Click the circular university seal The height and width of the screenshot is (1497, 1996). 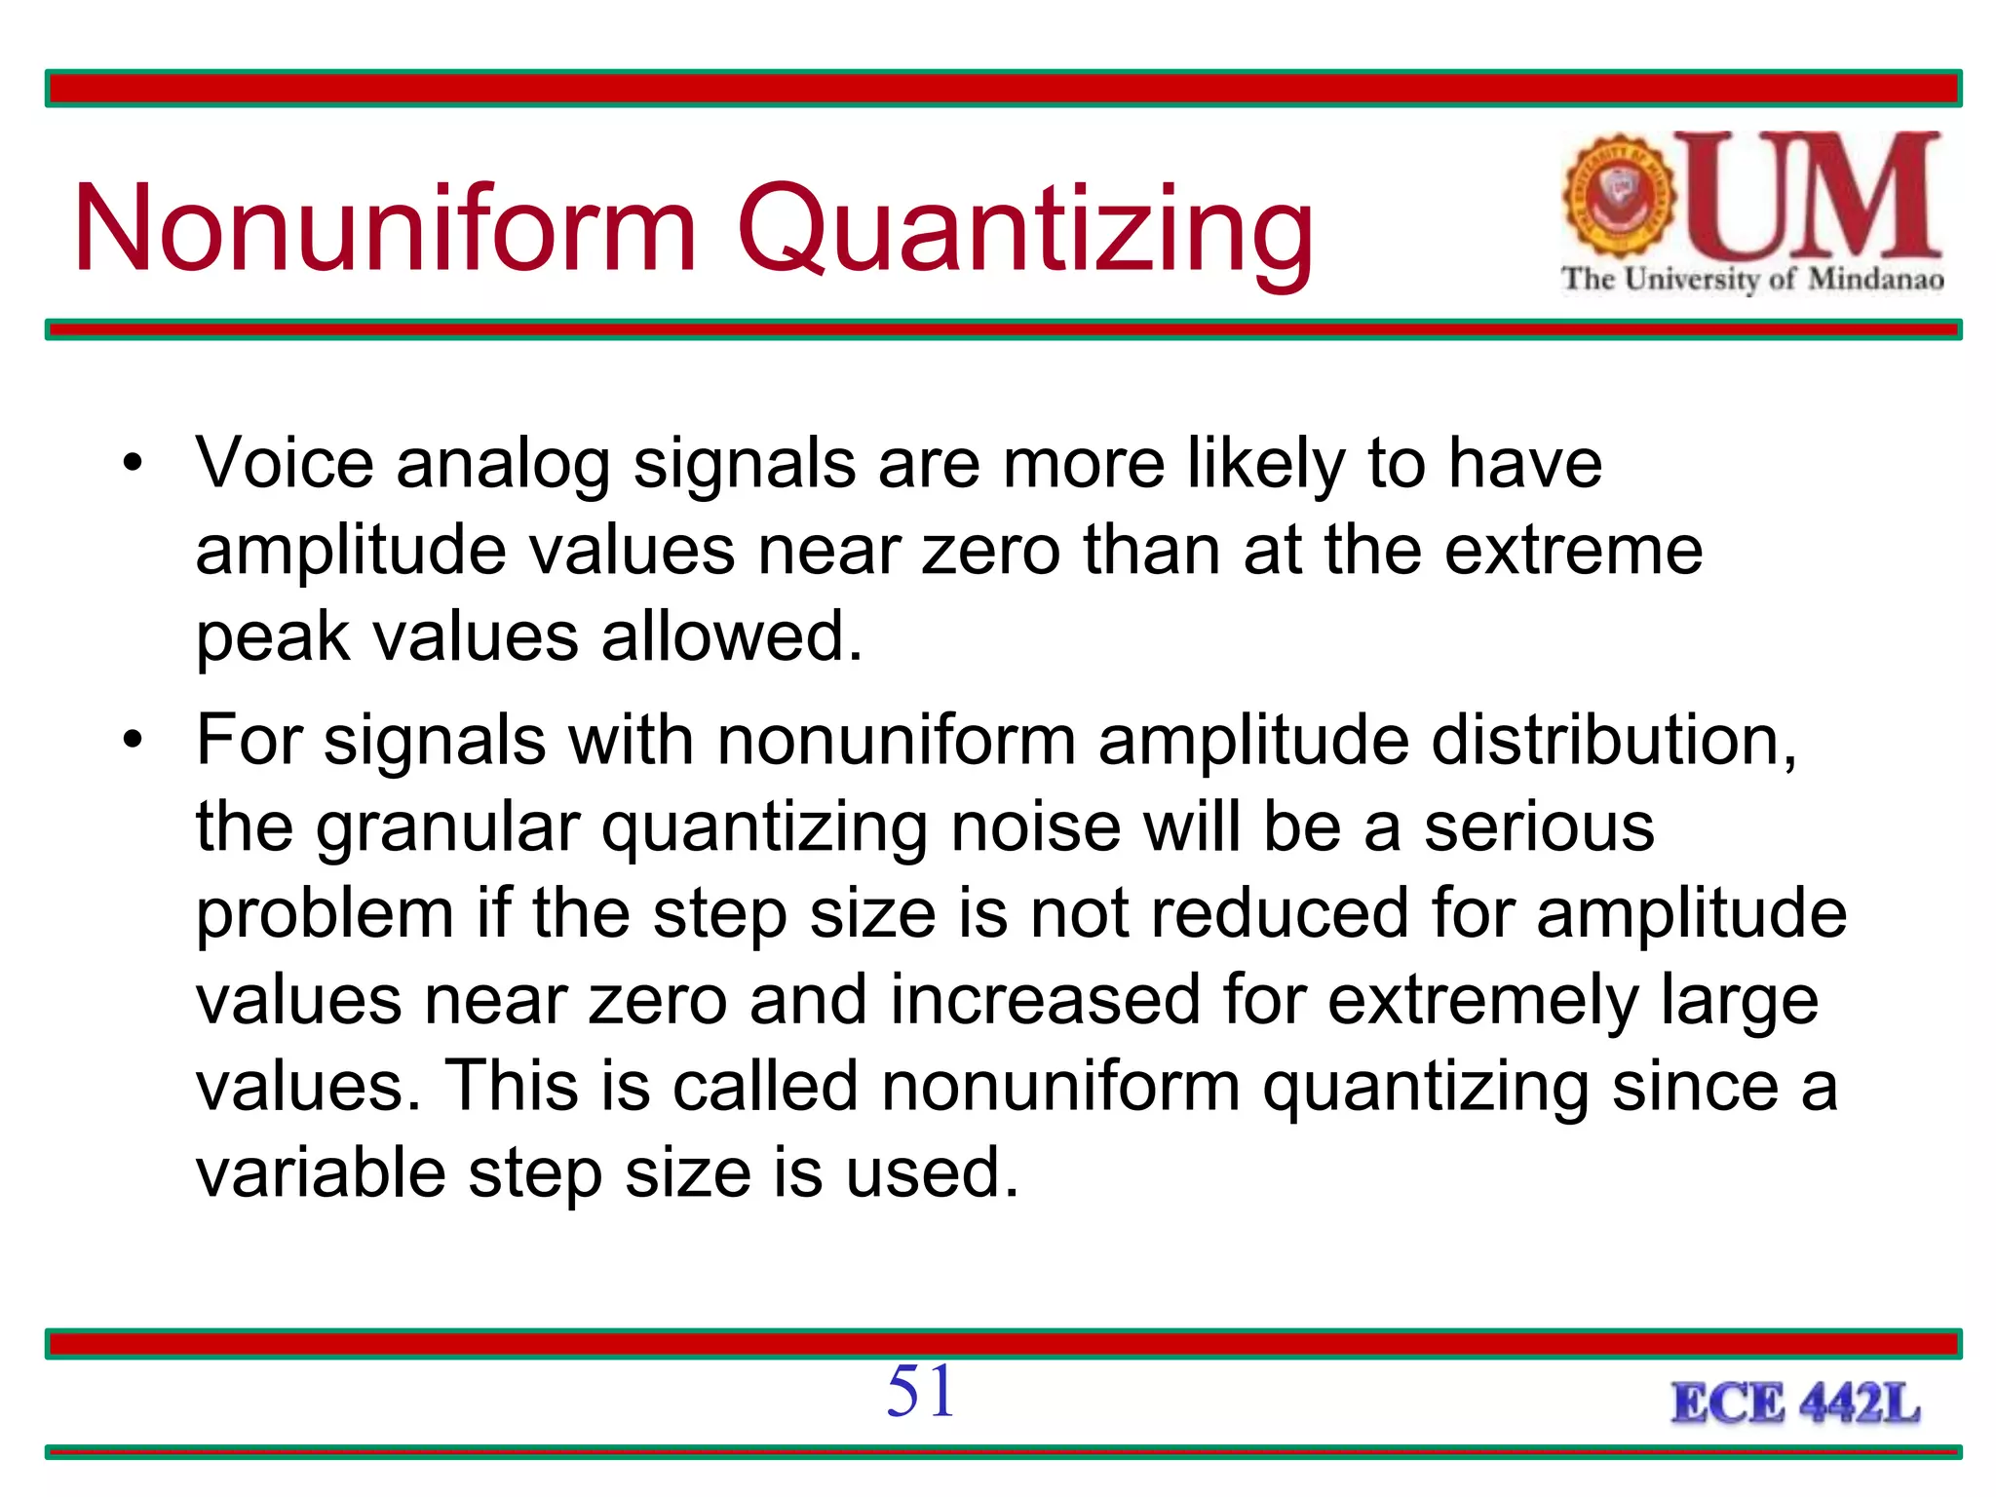pos(1619,196)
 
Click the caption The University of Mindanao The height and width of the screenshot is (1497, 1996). pos(1752,280)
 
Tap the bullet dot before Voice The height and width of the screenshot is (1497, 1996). pos(133,462)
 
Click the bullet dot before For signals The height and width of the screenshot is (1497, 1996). pos(133,740)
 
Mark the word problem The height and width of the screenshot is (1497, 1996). pos(326,916)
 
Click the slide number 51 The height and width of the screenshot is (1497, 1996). pos(920,1391)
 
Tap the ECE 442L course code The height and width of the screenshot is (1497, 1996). pos(1795,1404)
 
